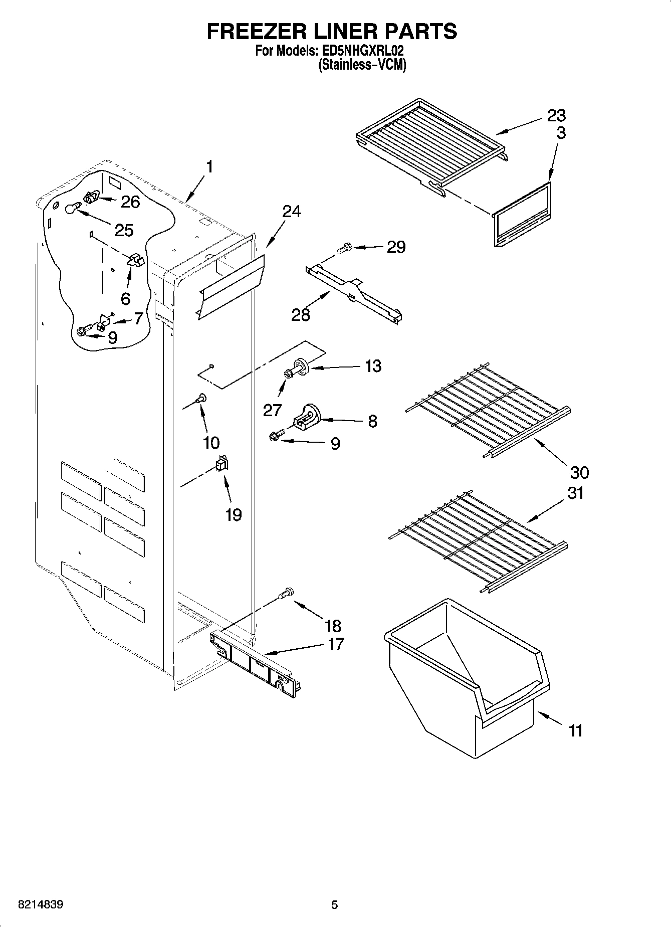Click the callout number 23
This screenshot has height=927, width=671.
click(556, 116)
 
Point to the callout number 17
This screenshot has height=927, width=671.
click(335, 644)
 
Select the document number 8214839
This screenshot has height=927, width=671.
click(41, 905)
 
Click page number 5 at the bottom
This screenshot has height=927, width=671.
click(334, 905)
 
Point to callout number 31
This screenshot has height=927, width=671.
click(576, 493)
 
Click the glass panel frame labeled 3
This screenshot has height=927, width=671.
click(521, 215)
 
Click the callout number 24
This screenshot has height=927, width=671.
click(292, 212)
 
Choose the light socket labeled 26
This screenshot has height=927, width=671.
click(91, 198)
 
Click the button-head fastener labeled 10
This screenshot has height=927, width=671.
click(201, 399)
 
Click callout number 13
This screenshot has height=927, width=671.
click(373, 366)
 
